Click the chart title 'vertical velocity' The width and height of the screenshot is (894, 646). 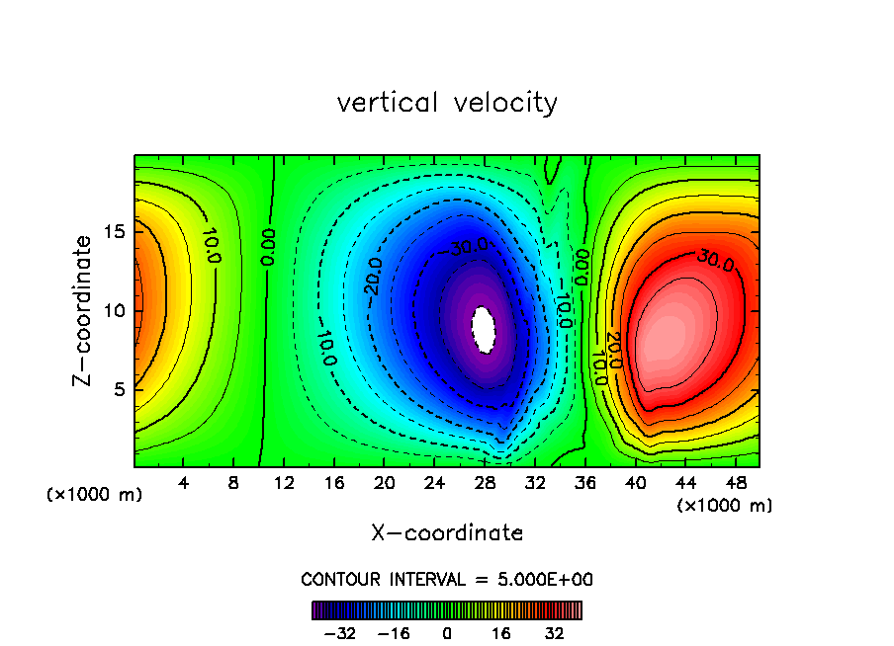[447, 102]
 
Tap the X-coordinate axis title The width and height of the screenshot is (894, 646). [447, 533]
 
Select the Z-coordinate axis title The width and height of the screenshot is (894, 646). [86, 310]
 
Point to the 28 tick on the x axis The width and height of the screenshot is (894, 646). [485, 484]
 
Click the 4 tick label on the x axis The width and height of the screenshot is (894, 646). [183, 484]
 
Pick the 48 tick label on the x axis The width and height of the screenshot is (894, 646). [736, 484]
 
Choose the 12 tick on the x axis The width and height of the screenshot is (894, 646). [284, 484]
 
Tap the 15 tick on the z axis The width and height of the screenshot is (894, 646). [114, 232]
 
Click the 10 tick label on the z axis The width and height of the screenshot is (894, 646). [114, 311]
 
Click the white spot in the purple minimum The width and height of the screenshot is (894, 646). [484, 329]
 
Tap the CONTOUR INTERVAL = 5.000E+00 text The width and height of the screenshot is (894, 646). [447, 579]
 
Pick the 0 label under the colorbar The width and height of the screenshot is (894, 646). [447, 633]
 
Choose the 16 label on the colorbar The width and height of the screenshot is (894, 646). [501, 633]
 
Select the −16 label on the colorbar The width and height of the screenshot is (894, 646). [394, 633]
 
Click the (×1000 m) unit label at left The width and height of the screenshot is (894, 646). [95, 495]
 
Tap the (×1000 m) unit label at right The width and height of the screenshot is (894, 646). [725, 505]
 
